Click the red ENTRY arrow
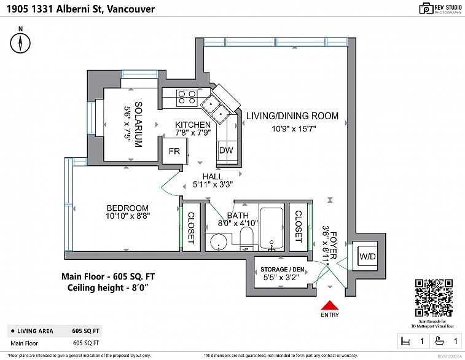[330, 305]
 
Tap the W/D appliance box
[367, 256]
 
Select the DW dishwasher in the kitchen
[225, 151]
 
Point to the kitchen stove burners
[187, 97]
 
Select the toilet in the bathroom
[248, 238]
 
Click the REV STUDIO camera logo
[426, 8]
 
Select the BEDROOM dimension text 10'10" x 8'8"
[128, 216]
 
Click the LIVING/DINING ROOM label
[292, 115]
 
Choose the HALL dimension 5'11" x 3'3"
[213, 184]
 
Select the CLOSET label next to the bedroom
[191, 227]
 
